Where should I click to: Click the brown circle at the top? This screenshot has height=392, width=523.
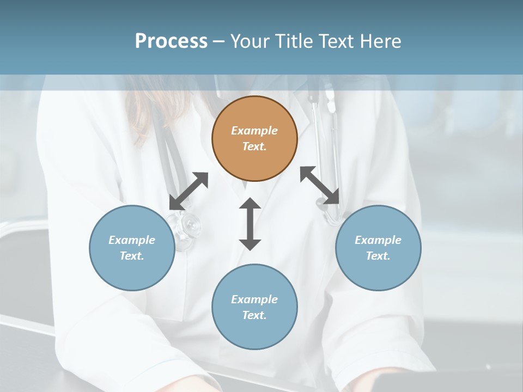point(254,139)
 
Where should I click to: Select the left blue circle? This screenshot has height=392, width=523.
point(132,248)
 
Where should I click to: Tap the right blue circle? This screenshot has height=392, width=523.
point(378,248)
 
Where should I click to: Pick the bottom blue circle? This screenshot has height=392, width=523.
point(254,307)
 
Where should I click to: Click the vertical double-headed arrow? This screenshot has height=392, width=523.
point(250,224)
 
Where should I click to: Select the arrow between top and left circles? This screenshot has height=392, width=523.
point(188,191)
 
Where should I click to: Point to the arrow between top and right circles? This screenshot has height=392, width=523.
point(320,186)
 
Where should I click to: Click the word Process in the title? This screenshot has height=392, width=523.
point(171,41)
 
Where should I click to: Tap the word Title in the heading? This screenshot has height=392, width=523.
point(295,41)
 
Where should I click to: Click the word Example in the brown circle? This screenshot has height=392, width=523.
point(254,131)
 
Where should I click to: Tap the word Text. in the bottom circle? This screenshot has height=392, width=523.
point(254,315)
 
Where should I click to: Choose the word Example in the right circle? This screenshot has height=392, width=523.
point(378,240)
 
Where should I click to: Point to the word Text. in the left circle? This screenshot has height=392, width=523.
point(132,256)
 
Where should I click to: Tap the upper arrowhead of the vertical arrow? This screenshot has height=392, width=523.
point(250,205)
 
